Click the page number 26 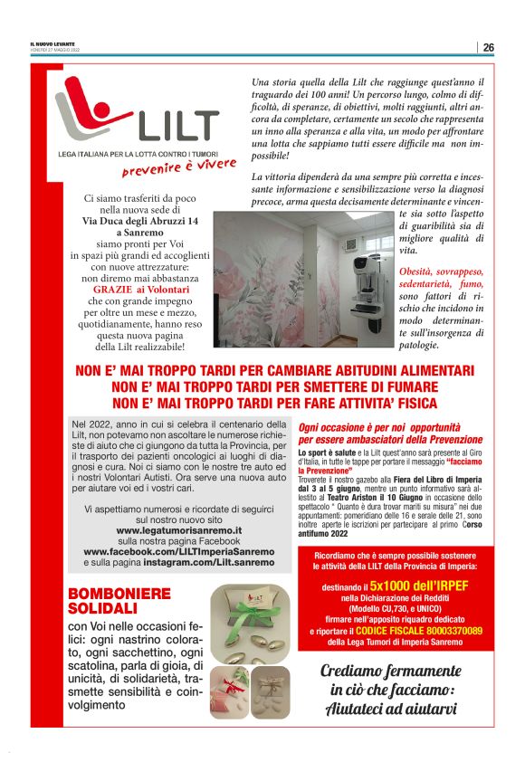pos(488,47)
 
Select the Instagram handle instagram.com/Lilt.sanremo pos(207,562)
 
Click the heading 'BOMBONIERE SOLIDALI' pos(119,601)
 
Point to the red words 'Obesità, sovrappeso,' pos(442,271)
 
